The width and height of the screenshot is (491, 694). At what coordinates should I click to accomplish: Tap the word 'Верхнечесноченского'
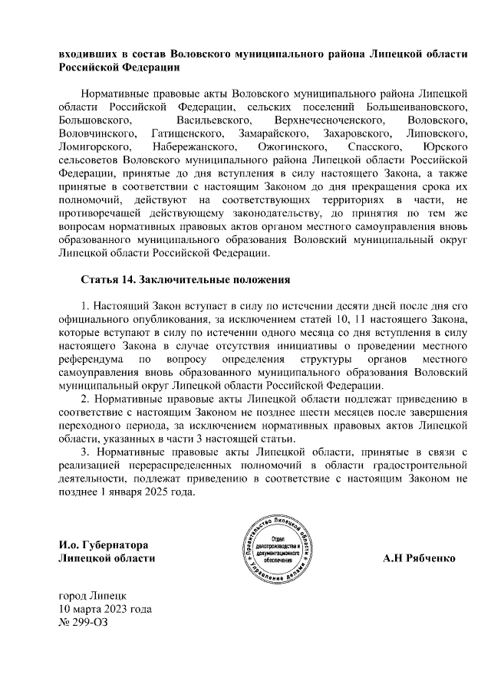click(328, 120)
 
